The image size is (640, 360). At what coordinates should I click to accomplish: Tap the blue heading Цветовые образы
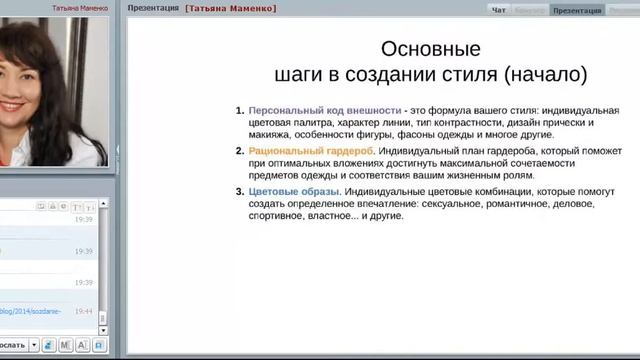[x=294, y=190]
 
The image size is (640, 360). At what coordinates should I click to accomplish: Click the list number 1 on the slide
[x=239, y=109]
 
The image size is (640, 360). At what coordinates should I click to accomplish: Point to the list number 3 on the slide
[x=239, y=190]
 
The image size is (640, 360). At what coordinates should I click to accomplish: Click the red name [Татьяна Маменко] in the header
[x=230, y=8]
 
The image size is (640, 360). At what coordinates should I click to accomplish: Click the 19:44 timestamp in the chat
[x=83, y=311]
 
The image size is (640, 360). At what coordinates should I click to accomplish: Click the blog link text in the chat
[x=30, y=311]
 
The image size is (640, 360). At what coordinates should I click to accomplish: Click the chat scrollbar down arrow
[x=103, y=330]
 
